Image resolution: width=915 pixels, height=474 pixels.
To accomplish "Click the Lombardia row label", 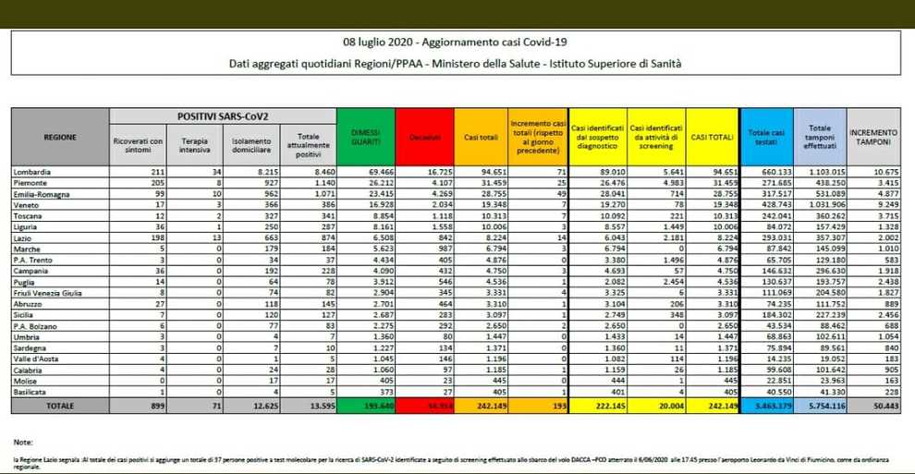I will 34,171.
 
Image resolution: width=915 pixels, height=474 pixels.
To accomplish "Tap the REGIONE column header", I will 60,137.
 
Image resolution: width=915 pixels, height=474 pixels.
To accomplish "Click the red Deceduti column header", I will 425,137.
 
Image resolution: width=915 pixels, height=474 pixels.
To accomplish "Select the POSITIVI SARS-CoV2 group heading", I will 223,116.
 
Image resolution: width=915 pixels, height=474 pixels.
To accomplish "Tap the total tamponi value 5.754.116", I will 822,406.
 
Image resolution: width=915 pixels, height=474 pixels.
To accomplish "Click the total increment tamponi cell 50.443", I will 878,406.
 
